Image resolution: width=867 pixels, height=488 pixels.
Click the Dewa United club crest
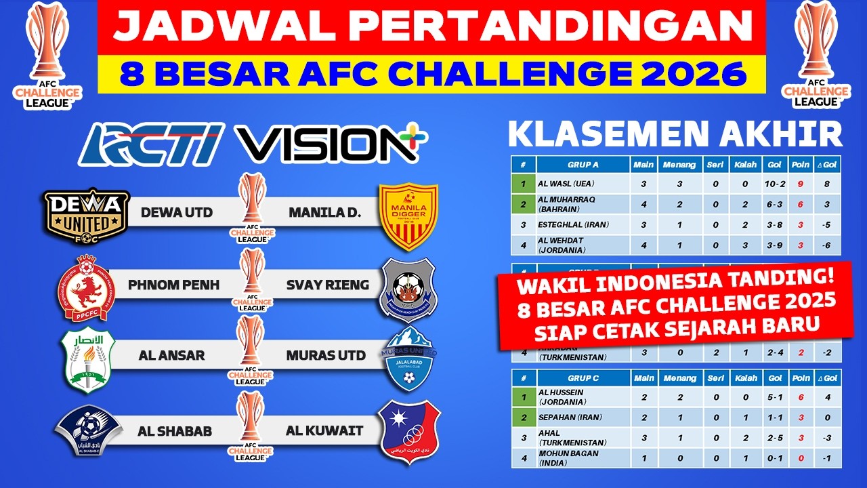(86, 216)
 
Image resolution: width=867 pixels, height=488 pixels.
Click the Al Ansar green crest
(86, 359)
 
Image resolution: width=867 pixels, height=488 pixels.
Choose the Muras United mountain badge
(408, 359)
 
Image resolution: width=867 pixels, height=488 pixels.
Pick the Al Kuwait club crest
(408, 432)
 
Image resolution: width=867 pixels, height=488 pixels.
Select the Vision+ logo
(332, 144)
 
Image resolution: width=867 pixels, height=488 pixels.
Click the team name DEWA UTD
(176, 212)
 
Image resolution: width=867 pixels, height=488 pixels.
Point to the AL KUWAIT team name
(324, 430)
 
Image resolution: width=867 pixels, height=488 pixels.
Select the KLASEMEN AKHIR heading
(675, 134)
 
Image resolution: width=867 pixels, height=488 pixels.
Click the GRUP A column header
(583, 164)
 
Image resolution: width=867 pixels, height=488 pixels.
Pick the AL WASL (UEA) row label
(565, 184)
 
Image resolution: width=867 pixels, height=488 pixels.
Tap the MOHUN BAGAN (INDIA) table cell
(568, 458)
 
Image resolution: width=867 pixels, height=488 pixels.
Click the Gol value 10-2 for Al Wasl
(776, 184)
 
